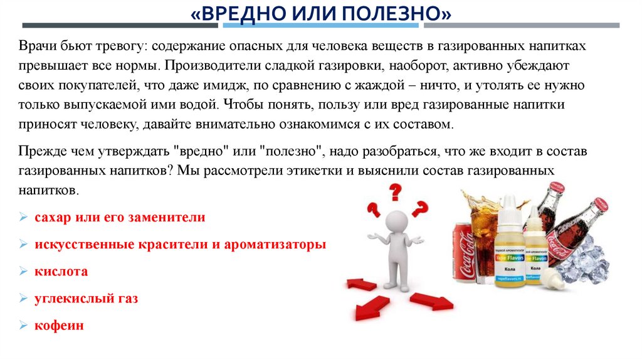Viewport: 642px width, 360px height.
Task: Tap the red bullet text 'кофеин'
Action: tap(60, 326)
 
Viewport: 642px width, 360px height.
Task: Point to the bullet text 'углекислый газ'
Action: tap(87, 299)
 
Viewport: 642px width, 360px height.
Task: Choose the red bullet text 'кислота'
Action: tap(61, 272)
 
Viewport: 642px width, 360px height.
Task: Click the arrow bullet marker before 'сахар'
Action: tap(23, 218)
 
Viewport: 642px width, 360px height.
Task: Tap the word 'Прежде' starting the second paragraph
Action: tap(39, 152)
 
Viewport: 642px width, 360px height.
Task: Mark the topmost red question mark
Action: tap(395, 191)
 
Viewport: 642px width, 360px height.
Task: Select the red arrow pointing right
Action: tap(432, 301)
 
